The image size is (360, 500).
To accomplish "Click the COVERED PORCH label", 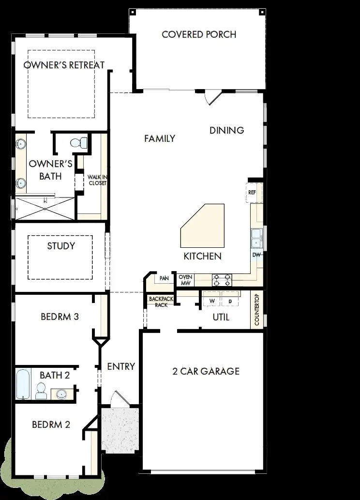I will (x=199, y=34).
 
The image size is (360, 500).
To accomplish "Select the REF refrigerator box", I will (x=252, y=192).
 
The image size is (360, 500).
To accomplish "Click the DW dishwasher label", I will (x=256, y=255).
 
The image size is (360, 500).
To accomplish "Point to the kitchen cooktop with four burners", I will (x=222, y=280).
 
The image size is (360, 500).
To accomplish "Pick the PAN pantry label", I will (x=164, y=278).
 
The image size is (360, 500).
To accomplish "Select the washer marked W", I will (x=211, y=301).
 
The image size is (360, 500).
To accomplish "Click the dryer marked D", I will (x=230, y=301).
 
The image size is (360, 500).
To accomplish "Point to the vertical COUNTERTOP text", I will (x=257, y=310).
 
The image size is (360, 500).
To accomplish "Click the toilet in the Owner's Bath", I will (x=78, y=142).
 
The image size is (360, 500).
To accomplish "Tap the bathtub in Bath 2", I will (x=23, y=384).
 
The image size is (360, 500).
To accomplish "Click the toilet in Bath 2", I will (x=42, y=390).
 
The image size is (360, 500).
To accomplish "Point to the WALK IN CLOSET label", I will (x=97, y=180).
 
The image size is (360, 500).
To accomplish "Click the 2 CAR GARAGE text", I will (x=206, y=371).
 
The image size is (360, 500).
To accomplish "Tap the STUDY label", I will (x=61, y=246).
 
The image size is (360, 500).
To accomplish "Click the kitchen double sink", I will (x=256, y=237).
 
